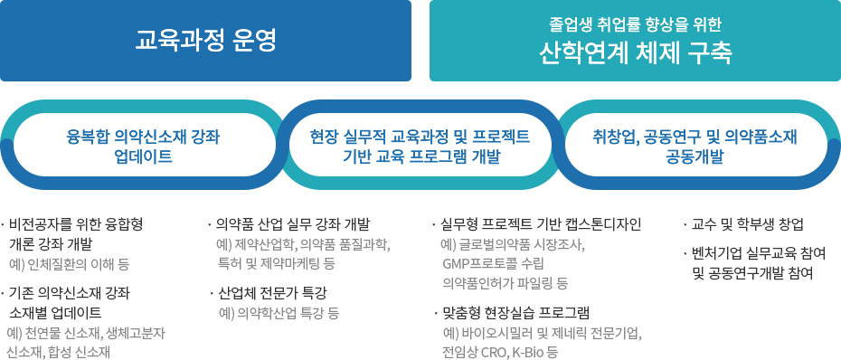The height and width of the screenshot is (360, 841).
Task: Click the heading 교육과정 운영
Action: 205,40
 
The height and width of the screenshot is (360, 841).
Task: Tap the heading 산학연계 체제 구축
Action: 636,52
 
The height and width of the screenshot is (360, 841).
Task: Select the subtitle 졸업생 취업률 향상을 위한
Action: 636,24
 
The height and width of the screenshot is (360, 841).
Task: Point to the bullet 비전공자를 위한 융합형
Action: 73,224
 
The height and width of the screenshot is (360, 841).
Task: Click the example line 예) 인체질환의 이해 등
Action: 70,264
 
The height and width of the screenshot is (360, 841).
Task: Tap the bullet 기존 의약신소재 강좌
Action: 67,293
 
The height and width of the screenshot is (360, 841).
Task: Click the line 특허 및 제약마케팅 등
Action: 276,264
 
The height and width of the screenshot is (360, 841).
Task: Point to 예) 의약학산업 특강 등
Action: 279,313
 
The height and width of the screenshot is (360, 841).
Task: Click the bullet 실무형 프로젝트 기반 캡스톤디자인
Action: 537,224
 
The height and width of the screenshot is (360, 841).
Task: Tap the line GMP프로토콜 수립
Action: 493,263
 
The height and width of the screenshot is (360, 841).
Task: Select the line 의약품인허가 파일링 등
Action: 505,283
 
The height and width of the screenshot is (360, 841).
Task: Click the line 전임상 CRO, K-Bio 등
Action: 499,353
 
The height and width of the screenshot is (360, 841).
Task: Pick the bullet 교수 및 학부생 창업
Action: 743,224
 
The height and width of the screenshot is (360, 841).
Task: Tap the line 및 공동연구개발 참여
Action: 753,273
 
